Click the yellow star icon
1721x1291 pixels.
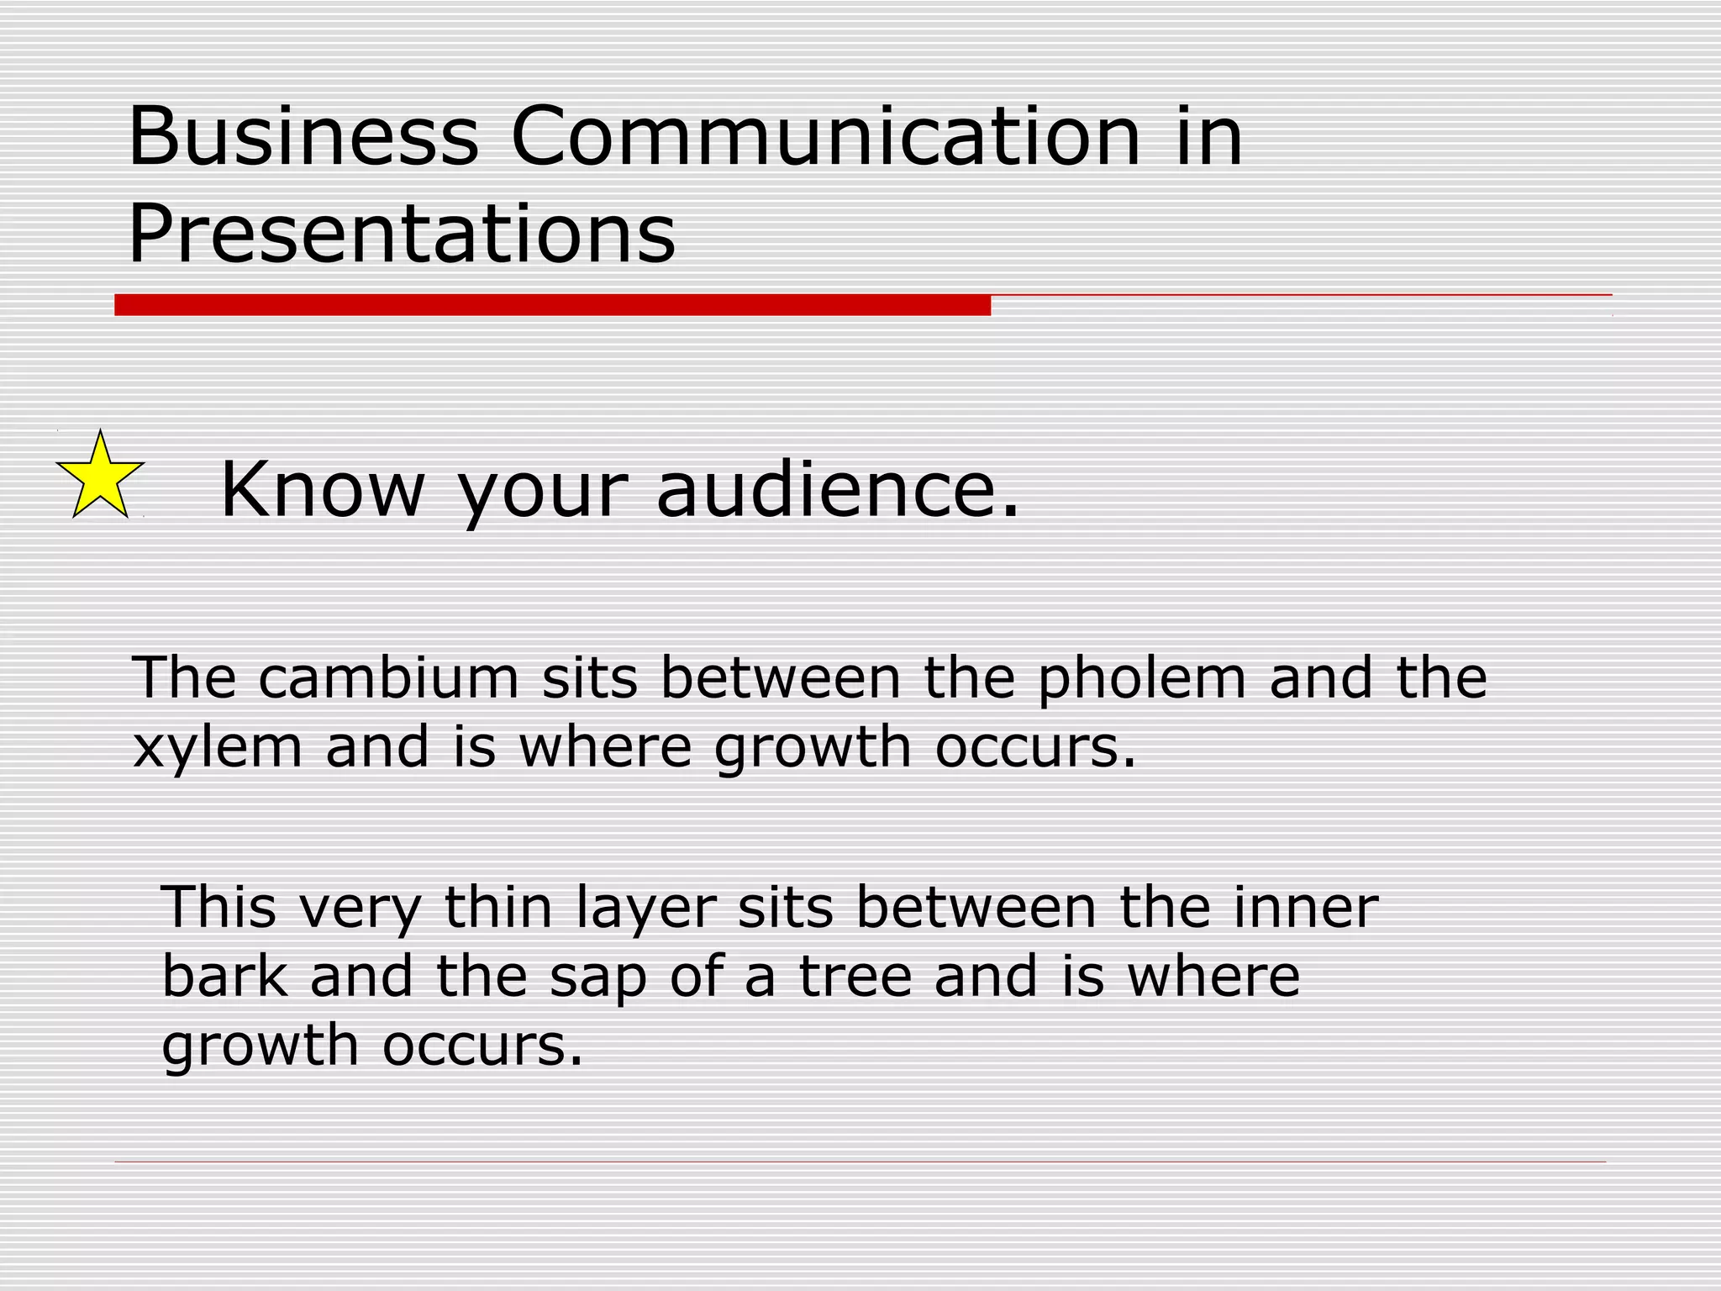(100, 477)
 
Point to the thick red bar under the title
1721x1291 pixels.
(552, 305)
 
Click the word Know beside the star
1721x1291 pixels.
(322, 489)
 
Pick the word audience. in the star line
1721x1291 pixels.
(838, 489)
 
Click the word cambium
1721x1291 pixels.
(389, 677)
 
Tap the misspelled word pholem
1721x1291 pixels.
(1141, 679)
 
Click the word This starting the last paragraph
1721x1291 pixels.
(219, 908)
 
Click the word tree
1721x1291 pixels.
(855, 977)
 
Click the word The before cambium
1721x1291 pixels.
(184, 677)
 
